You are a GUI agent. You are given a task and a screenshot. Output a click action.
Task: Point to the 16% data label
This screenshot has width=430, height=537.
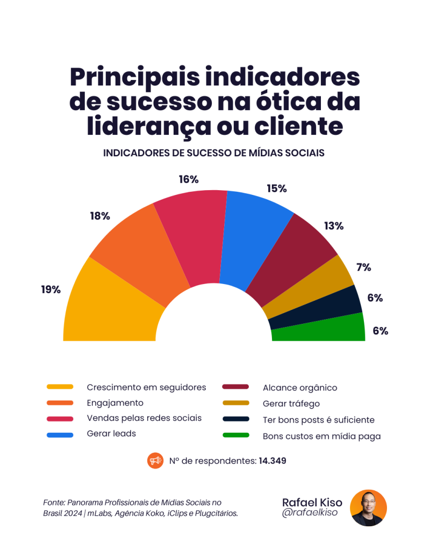[189, 179]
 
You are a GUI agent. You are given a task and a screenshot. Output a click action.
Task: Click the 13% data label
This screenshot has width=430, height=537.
[333, 226]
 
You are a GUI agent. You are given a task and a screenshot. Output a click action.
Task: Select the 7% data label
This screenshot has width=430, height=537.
[363, 267]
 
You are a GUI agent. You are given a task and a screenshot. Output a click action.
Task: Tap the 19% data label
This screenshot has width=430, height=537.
[51, 289]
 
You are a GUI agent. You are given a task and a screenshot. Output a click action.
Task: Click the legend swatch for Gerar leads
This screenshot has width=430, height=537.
[60, 434]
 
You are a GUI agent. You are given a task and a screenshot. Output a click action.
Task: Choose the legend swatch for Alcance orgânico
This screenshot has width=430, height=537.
[235, 387]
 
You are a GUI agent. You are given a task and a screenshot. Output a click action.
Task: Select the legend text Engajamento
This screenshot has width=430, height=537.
[114, 403]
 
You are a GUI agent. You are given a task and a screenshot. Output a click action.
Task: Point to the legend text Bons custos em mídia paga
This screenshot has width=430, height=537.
[321, 436]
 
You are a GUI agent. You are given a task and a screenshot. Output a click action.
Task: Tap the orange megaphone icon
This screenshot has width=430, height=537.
[155, 461]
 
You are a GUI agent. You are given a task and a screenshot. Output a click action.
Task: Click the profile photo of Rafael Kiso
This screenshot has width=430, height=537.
[368, 507]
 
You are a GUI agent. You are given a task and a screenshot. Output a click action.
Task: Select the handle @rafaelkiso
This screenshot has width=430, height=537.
[309, 514]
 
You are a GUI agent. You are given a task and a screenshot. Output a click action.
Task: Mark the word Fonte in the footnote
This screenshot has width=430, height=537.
[53, 502]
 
